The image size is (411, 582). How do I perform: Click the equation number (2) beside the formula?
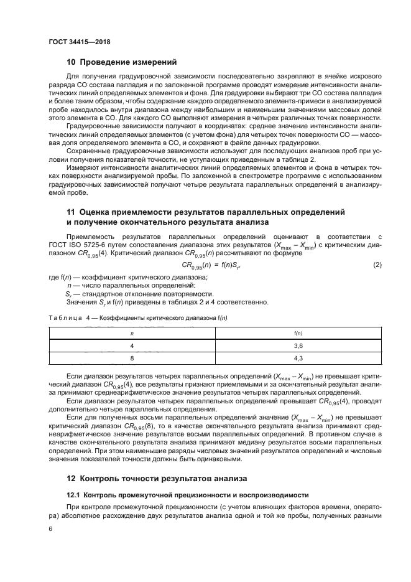[x=377, y=266]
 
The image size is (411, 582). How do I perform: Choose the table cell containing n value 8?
[x=131, y=358]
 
